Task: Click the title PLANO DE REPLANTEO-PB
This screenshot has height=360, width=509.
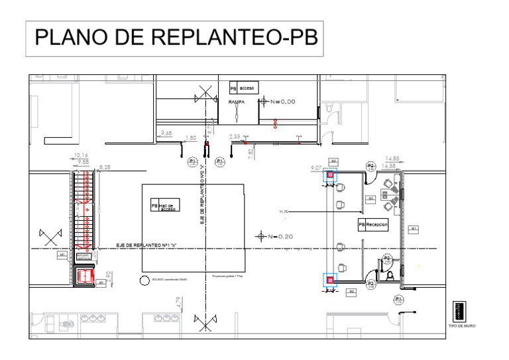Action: [175, 38]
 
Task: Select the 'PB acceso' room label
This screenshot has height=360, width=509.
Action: [243, 88]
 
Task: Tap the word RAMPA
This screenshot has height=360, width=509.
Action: [237, 102]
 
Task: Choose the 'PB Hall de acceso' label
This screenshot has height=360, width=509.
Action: [163, 206]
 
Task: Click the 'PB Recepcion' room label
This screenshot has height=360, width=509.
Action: [373, 225]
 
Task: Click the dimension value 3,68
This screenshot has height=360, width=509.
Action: [166, 133]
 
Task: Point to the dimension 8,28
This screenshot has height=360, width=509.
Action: [105, 167]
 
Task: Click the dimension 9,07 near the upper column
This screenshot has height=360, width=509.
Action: [316, 169]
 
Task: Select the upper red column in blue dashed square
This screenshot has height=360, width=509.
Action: [330, 175]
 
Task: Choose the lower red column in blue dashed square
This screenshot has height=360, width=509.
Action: [330, 280]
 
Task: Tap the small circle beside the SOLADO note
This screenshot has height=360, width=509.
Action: [144, 280]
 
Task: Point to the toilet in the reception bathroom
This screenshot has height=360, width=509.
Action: [391, 273]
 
